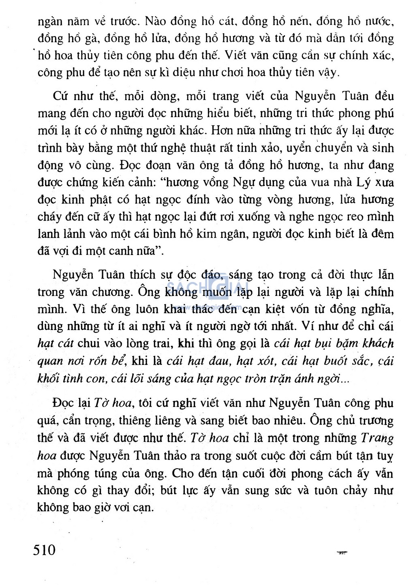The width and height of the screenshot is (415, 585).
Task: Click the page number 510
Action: point(44,550)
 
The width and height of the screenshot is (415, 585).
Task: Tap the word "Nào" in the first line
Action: point(155,21)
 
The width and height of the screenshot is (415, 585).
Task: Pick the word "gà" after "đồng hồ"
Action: point(90,39)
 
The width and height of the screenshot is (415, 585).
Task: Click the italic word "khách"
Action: point(378,344)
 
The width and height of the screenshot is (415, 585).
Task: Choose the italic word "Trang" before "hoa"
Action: point(377,438)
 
